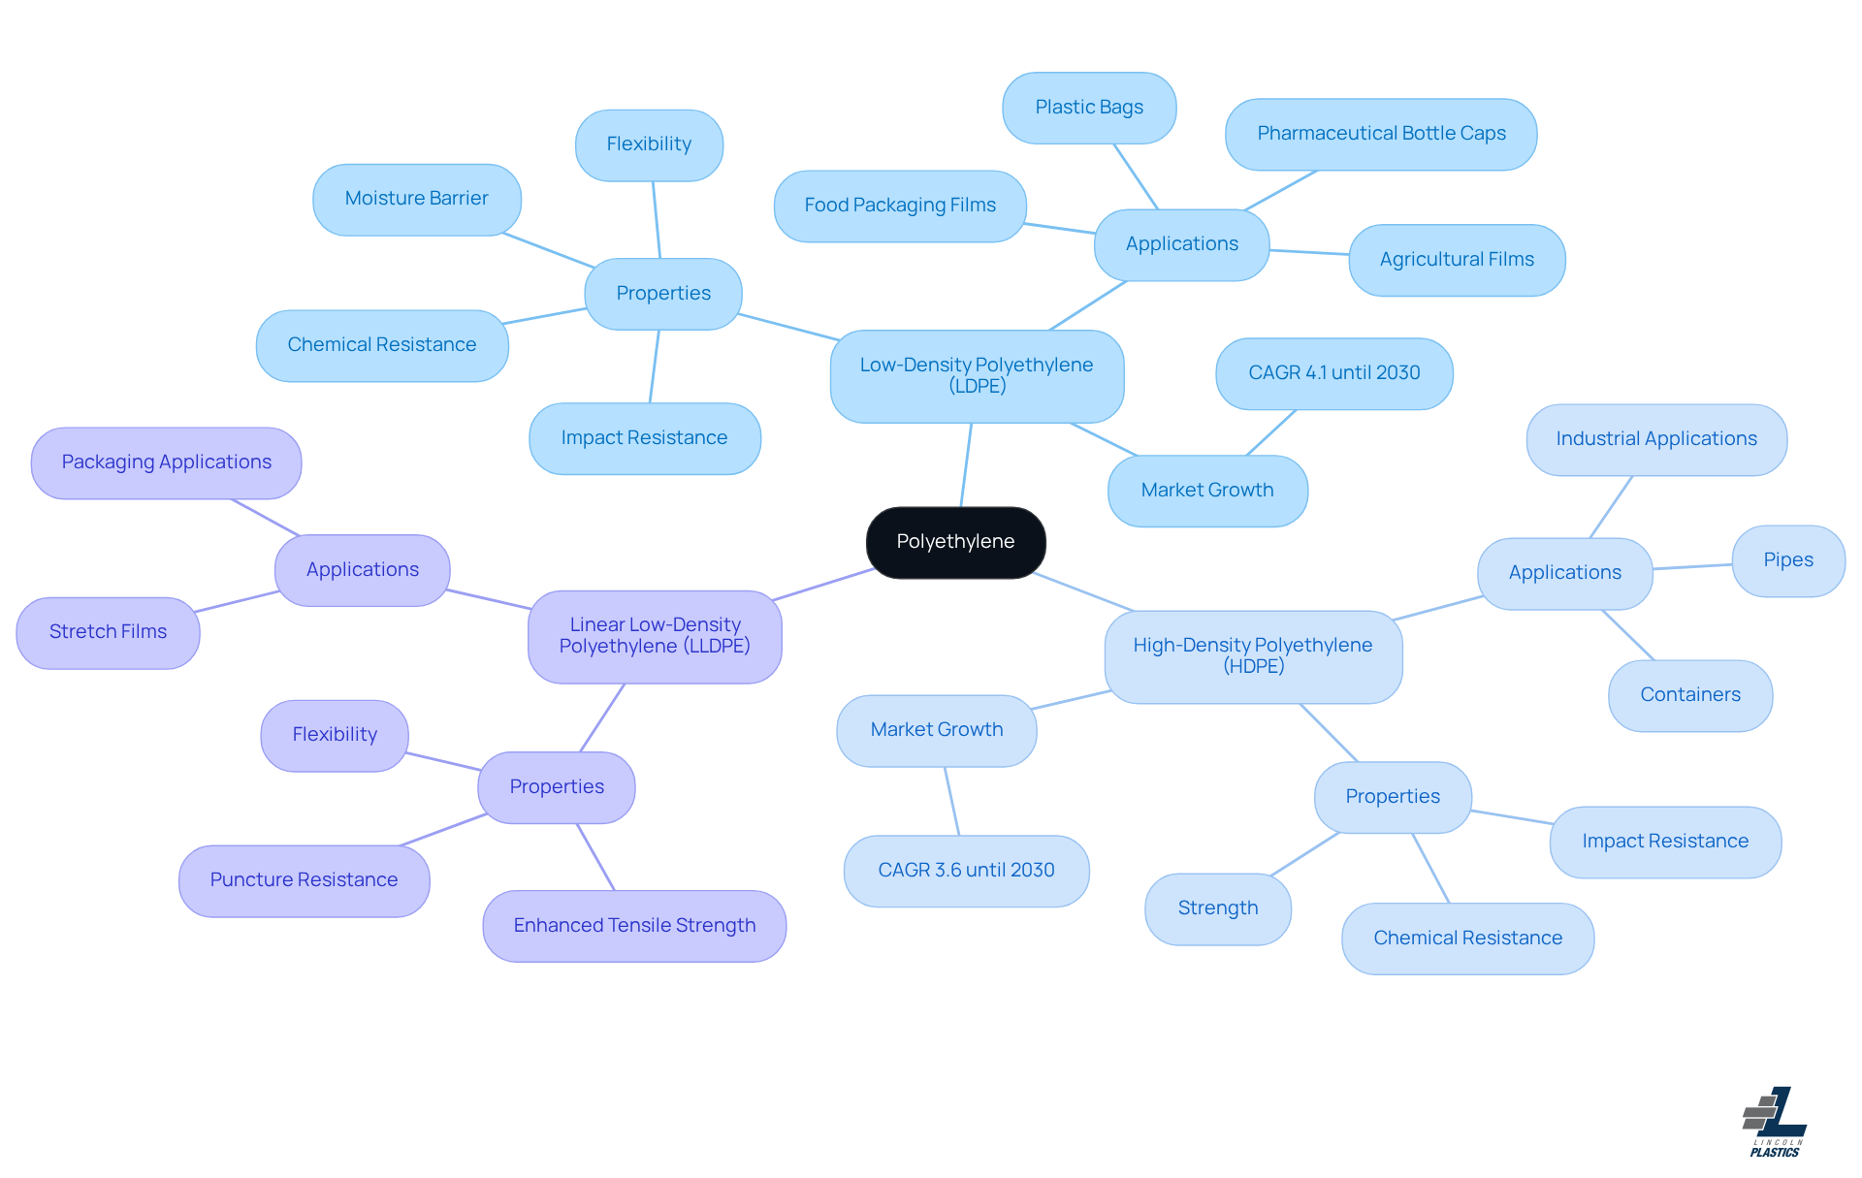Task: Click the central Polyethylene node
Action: pos(955,542)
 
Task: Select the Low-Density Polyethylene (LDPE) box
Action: pos(977,376)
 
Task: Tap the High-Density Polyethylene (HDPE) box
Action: pos(1253,656)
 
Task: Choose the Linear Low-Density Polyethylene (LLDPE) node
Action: pos(655,636)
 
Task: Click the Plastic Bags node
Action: pos(1089,108)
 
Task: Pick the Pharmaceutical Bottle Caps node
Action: pos(1381,134)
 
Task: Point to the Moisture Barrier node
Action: pos(416,199)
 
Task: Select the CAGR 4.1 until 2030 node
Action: pos(1333,373)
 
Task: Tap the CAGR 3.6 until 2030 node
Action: pos(966,871)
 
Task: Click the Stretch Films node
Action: pos(108,632)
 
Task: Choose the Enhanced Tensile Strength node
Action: pos(634,926)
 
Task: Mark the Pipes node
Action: pos(1787,560)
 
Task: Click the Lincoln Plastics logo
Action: pos(1775,1122)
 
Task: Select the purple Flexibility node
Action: pos(335,735)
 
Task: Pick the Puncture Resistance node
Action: pos(304,880)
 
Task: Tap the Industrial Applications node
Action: pos(1655,439)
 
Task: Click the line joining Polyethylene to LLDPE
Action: pos(824,585)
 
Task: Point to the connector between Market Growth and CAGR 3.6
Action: pos(952,802)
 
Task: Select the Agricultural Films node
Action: pos(1457,260)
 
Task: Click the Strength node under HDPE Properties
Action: pos(1217,908)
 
